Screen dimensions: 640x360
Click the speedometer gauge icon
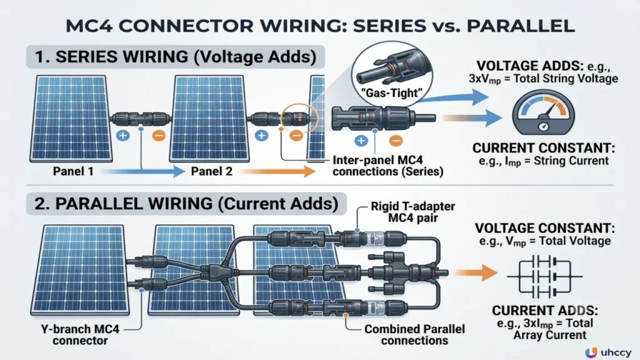pos(543,113)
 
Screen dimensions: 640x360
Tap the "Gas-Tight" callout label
pos(392,93)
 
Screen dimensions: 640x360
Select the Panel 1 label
pos(73,171)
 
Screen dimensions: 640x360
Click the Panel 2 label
pos(211,171)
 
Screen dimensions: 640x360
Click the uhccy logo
pos(607,351)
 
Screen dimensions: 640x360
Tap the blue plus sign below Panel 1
pos(123,136)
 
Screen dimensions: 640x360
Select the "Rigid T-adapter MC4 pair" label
pos(412,212)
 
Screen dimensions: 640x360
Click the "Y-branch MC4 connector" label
pos(80,335)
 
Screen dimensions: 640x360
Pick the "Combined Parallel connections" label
pos(414,335)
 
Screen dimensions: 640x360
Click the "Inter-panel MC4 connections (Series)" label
pos(387,166)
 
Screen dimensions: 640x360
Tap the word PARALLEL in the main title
pos(521,26)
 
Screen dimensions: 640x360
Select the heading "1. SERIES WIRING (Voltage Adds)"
pos(176,57)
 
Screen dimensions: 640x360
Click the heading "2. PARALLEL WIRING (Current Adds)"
pos(186,204)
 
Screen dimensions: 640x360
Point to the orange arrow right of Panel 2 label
pos(277,171)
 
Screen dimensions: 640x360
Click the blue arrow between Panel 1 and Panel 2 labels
pos(142,171)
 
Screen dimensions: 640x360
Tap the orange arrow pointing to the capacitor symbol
pos(475,272)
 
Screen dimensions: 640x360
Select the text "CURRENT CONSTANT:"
pos(543,147)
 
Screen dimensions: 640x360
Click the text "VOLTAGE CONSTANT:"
pos(545,228)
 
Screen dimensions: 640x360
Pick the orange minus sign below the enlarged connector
pos(395,141)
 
